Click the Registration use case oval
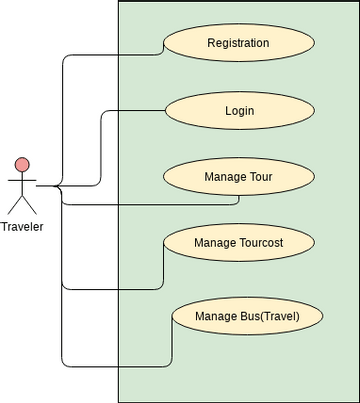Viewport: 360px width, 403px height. click(x=238, y=43)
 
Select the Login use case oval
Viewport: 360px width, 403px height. click(x=238, y=110)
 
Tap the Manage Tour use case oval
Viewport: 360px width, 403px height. click(x=238, y=177)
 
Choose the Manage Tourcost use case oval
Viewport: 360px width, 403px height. click(x=238, y=243)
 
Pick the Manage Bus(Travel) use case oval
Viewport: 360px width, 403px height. click(x=246, y=317)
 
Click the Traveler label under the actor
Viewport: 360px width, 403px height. click(x=22, y=226)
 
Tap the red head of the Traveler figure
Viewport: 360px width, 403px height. click(x=22, y=165)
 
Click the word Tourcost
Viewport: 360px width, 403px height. click(x=262, y=243)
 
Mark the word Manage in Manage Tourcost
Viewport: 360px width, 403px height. click(x=215, y=243)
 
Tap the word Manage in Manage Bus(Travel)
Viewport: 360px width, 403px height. click(x=217, y=317)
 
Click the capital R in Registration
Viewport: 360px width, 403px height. click(x=210, y=43)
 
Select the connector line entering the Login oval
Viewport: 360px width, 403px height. click(x=130, y=111)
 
